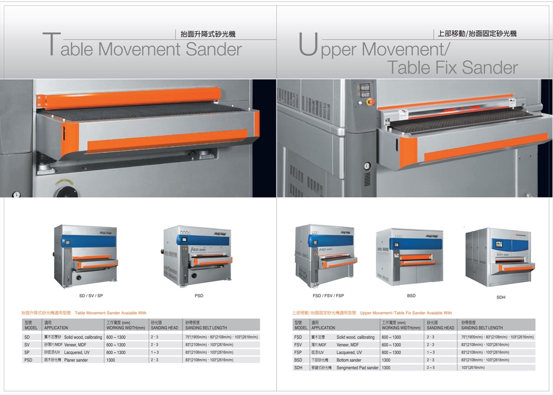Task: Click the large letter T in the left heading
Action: click(51, 45)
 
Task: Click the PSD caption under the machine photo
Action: click(199, 296)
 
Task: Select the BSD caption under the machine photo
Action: click(411, 296)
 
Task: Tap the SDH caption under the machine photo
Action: click(500, 298)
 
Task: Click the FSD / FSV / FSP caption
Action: click(328, 296)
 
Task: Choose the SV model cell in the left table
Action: click(27, 345)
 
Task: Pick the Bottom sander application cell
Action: click(349, 360)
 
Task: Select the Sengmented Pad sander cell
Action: click(357, 368)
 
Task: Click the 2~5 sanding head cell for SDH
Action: click(431, 368)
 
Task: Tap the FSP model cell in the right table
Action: click(298, 352)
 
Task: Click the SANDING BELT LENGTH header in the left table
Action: click(206, 328)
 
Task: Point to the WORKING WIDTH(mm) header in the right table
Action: click(401, 328)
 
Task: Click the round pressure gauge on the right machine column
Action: click(367, 165)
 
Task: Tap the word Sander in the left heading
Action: click(213, 49)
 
